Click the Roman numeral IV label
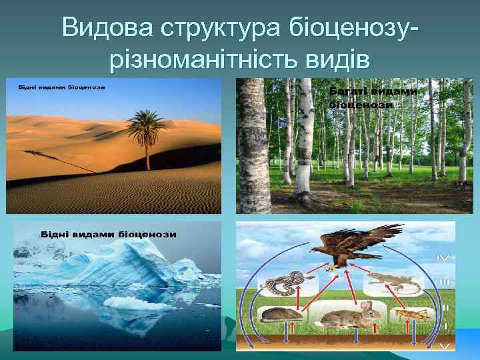point(443,257)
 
